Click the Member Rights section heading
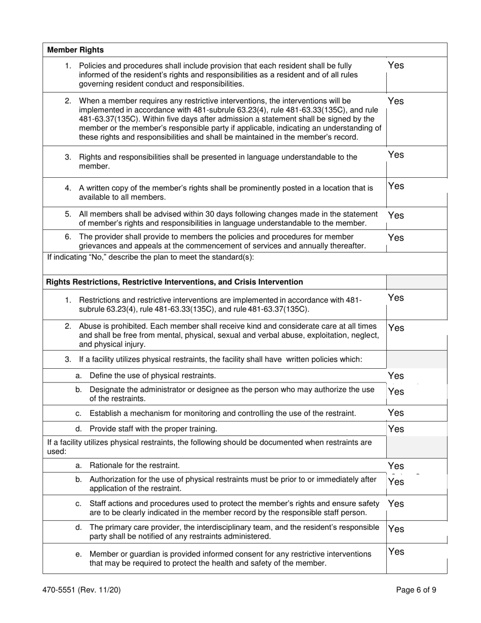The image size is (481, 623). coord(75,50)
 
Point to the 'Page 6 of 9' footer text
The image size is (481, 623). coord(416,590)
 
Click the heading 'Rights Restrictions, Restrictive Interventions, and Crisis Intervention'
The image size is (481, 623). coord(175,282)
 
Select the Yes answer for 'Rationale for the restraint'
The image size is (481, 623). coord(395,465)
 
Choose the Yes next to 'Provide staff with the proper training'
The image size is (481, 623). coord(395,429)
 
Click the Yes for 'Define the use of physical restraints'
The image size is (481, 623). coord(395,375)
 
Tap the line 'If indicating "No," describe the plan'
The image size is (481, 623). coord(150,257)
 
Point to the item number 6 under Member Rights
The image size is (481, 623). coord(68,237)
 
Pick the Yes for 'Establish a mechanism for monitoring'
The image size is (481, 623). coord(395,412)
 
